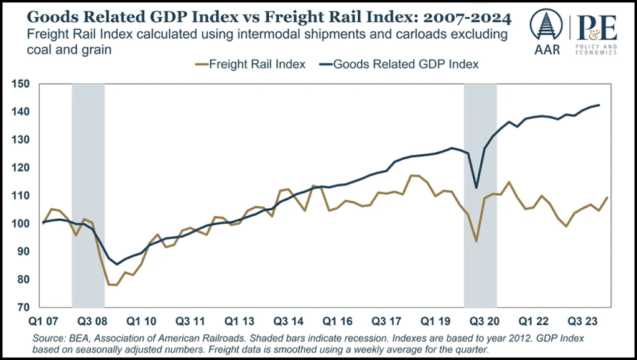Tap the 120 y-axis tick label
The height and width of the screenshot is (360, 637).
click(19, 168)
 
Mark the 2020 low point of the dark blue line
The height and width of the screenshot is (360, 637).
click(477, 188)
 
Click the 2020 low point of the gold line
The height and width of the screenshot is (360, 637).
click(477, 241)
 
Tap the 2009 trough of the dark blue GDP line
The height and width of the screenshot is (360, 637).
click(116, 264)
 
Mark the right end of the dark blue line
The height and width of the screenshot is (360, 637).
click(599, 105)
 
